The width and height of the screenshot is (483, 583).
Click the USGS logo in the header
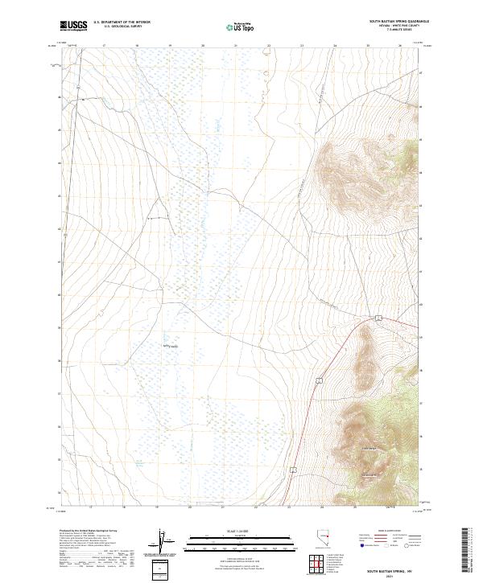pos(74,26)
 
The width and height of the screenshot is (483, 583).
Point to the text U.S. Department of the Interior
pos(122,23)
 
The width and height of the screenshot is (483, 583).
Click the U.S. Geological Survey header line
pos(122,27)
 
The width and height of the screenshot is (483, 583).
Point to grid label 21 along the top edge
pos(235,45)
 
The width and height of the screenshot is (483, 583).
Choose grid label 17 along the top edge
pos(105,45)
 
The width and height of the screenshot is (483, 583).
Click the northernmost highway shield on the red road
pos(377,319)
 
